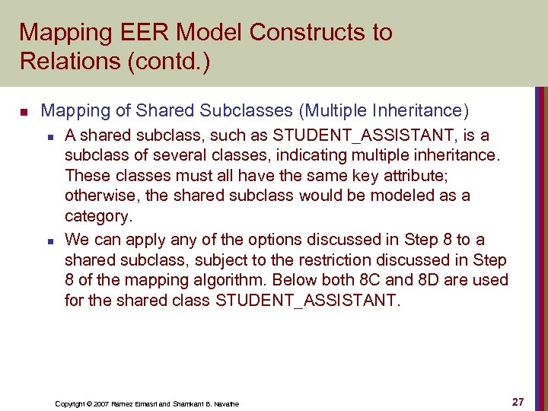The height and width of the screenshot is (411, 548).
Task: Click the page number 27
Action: (x=518, y=401)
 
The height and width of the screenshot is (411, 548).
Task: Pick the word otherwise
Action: (x=100, y=196)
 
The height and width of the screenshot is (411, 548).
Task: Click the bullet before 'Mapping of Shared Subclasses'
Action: (x=24, y=112)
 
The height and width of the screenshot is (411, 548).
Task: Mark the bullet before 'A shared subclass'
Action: (x=49, y=137)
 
